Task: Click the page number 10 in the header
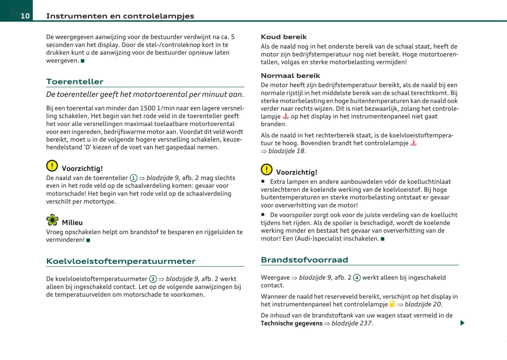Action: click(x=25, y=16)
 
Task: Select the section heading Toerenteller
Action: click(x=75, y=82)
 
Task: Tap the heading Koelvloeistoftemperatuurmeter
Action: click(x=121, y=261)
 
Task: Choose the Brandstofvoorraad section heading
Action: click(x=304, y=260)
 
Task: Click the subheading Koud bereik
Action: click(x=284, y=37)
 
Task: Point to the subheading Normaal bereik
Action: click(x=290, y=76)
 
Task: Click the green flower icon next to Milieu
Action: click(x=52, y=220)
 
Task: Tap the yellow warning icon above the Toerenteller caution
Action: click(x=52, y=166)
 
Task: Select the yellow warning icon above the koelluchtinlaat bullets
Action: click(x=267, y=169)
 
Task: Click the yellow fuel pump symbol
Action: click(x=392, y=304)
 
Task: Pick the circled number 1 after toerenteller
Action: click(x=134, y=178)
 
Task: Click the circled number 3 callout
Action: click(x=153, y=279)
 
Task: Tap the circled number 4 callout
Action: click(x=356, y=278)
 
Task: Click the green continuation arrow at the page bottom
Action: click(x=462, y=323)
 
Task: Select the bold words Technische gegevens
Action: click(x=292, y=324)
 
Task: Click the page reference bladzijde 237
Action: click(x=352, y=324)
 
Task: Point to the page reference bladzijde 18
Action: click(x=287, y=151)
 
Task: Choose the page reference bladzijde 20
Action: click(x=423, y=304)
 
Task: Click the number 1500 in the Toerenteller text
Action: click(x=148, y=108)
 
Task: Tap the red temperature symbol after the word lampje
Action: click(x=286, y=116)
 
